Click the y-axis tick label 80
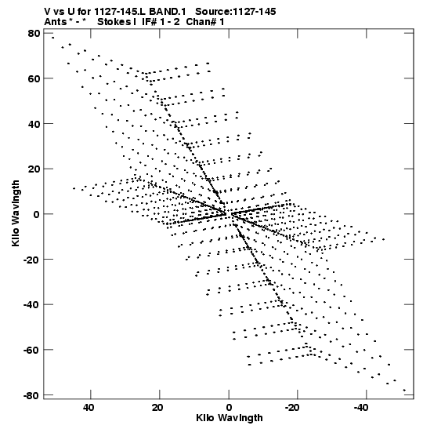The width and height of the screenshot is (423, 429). [x=34, y=34]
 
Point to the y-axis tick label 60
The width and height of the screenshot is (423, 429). [x=34, y=78]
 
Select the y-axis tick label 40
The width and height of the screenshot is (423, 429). [x=34, y=124]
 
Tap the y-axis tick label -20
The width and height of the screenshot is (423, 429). [x=31, y=260]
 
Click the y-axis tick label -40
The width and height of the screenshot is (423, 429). [x=31, y=304]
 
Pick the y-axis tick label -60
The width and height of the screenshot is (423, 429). [x=31, y=350]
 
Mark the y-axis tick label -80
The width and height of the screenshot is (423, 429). [x=31, y=395]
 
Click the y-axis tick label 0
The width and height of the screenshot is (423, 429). [x=37, y=214]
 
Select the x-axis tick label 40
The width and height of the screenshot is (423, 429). [x=89, y=408]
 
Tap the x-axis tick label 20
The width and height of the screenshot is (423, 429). [x=157, y=408]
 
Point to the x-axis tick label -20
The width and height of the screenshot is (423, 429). [x=293, y=408]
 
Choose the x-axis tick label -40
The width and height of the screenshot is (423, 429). [x=362, y=408]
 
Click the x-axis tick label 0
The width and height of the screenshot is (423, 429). [x=229, y=408]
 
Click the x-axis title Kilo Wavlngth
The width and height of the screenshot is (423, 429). [x=230, y=418]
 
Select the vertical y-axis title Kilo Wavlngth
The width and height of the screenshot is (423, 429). [x=16, y=213]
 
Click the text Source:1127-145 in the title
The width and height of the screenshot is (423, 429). [x=236, y=12]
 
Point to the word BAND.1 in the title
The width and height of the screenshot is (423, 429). [x=167, y=12]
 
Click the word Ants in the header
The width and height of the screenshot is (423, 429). [x=56, y=22]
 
